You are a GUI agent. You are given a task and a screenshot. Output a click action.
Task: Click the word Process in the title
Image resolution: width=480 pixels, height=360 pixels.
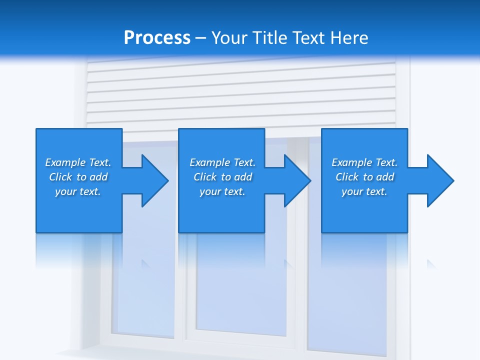point(157,38)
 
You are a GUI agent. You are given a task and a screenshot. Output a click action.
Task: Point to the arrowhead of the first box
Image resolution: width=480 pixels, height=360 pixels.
point(153,180)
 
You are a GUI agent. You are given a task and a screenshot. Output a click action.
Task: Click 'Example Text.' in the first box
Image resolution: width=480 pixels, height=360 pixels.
point(78,162)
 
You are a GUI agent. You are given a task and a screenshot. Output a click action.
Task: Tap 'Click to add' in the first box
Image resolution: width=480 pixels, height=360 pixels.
point(78,177)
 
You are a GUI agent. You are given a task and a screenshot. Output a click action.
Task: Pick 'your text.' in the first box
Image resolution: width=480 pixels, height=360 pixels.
point(78,191)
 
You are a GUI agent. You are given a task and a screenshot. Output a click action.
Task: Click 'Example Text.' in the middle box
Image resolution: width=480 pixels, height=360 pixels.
point(222,162)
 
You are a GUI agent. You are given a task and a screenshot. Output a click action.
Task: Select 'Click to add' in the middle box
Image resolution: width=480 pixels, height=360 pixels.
point(222,177)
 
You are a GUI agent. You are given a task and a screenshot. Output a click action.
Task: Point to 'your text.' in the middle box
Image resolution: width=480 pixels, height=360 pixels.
point(222,191)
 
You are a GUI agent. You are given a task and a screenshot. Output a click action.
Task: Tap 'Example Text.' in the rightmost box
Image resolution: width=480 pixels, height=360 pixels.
point(364,162)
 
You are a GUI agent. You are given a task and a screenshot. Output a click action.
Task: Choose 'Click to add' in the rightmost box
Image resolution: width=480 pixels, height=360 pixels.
point(364,177)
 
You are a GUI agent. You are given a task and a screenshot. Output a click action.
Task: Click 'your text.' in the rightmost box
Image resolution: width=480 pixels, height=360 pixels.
point(364,191)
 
